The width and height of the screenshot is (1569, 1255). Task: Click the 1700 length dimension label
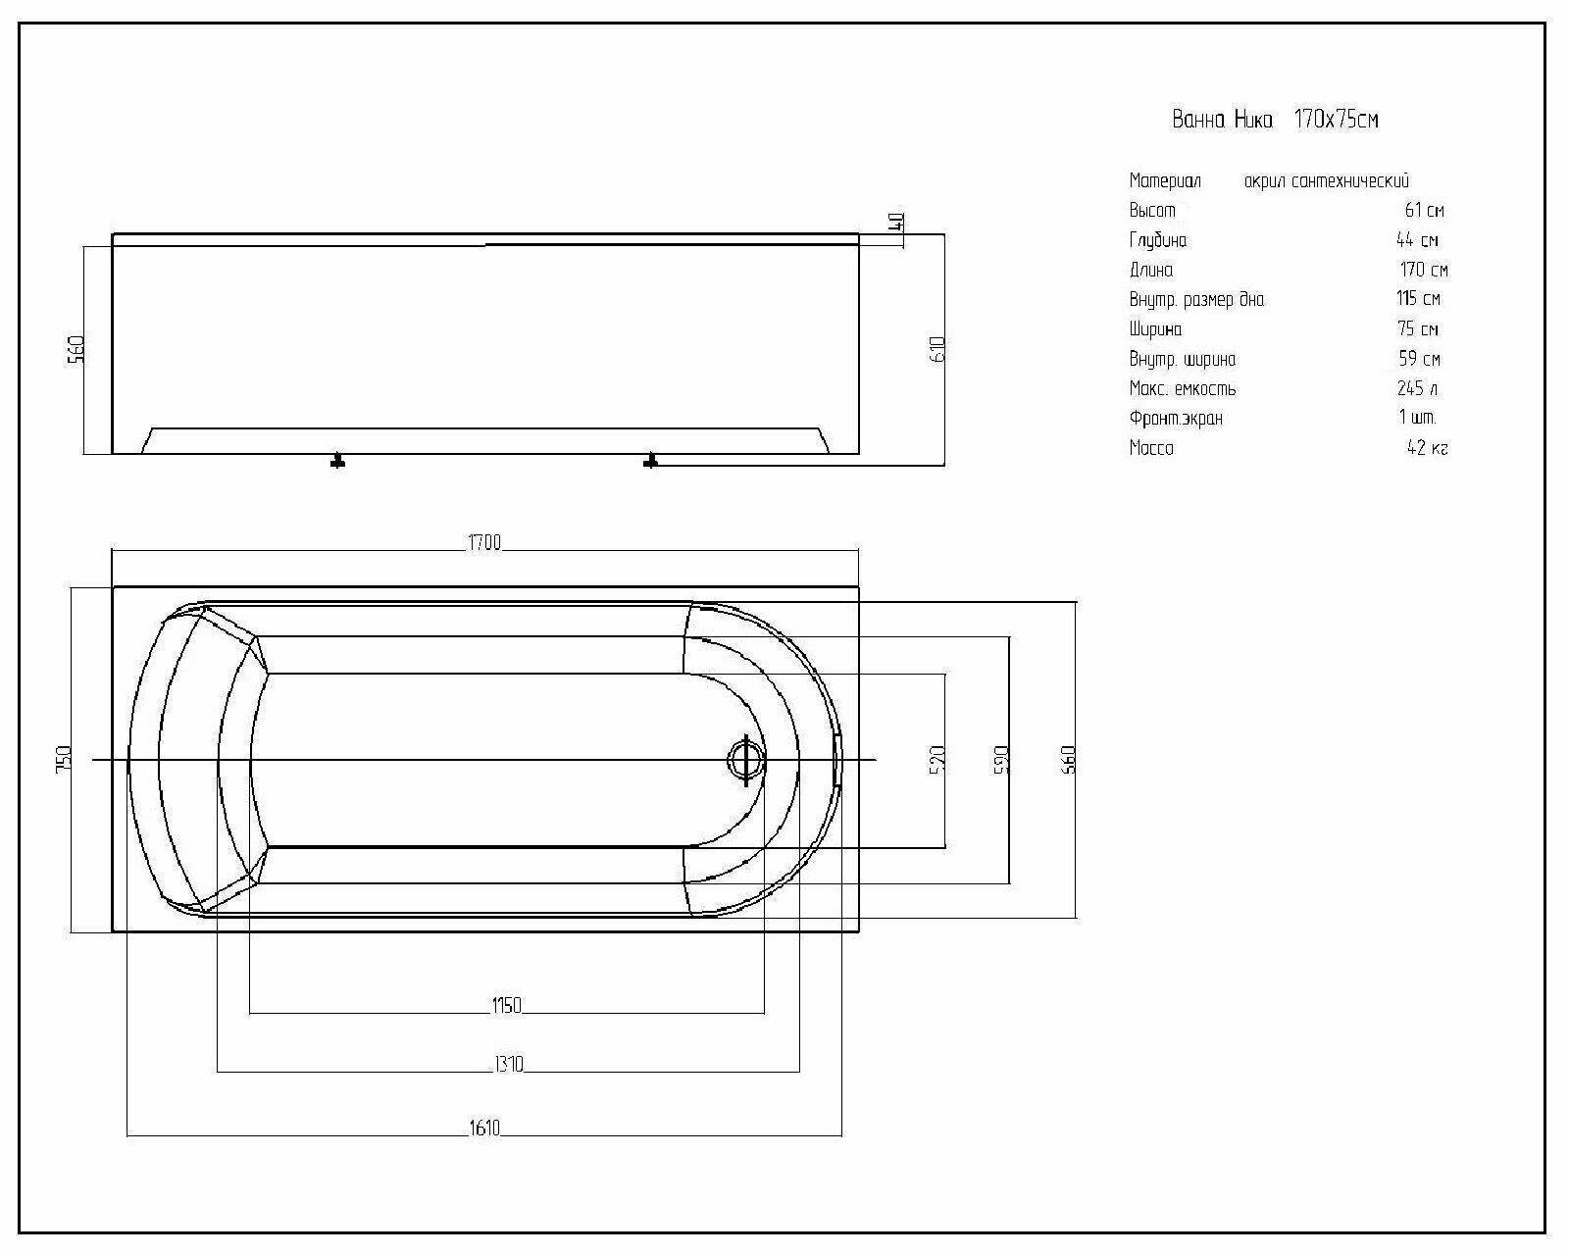tap(484, 543)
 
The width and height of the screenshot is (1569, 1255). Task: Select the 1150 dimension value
tap(506, 1005)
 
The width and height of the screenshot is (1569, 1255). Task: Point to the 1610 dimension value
tap(484, 1129)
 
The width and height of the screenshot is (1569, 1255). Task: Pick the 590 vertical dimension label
tap(1001, 759)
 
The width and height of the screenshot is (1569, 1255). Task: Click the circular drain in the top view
tap(745, 759)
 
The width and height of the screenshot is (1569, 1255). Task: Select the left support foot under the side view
tap(337, 461)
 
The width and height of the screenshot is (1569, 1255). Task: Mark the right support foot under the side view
tap(650, 461)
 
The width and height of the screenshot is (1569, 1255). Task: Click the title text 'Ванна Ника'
tap(1222, 120)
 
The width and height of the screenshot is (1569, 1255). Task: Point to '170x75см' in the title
tap(1336, 120)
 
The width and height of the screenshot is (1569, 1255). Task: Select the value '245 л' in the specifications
tap(1417, 388)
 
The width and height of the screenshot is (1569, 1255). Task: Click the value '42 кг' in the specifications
tap(1427, 449)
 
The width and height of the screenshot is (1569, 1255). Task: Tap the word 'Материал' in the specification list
tap(1165, 180)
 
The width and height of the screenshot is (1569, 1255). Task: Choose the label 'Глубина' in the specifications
tap(1157, 240)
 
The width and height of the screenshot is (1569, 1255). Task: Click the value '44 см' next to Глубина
tap(1417, 240)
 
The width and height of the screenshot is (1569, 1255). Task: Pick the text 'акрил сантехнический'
tap(1326, 180)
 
